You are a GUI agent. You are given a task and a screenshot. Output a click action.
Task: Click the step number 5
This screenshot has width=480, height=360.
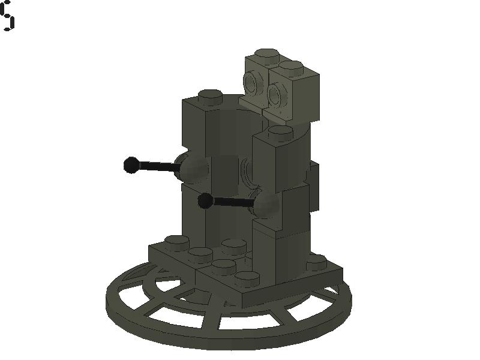tap(7, 16)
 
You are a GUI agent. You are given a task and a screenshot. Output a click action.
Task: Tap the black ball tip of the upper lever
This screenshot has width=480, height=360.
tap(131, 164)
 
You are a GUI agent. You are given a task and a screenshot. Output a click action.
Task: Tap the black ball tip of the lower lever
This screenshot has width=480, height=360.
tap(205, 201)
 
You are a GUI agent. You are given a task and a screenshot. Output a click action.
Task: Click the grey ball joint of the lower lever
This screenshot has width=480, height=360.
tap(266, 205)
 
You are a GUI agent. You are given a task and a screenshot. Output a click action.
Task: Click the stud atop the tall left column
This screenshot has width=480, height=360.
tap(209, 95)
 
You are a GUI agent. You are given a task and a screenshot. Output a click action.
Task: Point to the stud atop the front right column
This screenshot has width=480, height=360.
tap(280, 131)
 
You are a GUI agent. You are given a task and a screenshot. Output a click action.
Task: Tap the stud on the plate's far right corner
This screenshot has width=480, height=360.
tap(316, 262)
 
